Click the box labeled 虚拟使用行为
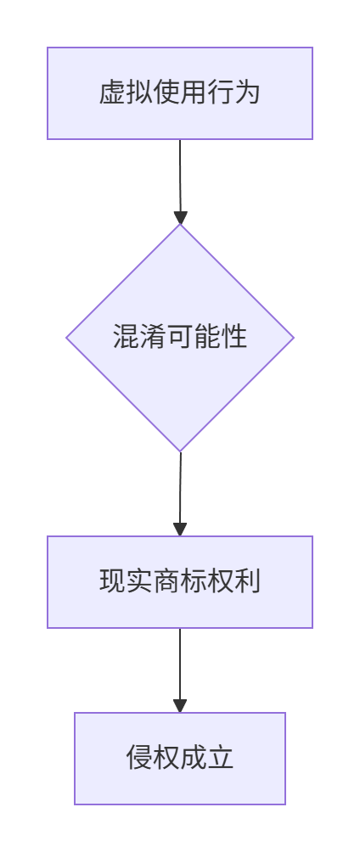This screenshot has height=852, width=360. (180, 92)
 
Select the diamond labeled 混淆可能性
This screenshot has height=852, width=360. (180, 338)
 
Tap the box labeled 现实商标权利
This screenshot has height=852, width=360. (180, 582)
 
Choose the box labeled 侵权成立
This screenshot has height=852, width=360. (180, 759)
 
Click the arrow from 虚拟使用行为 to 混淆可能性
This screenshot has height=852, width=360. (180, 182)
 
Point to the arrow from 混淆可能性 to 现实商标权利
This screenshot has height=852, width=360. (180, 494)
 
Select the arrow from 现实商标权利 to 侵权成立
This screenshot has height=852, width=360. (180, 670)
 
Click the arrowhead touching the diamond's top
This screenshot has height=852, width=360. (181, 217)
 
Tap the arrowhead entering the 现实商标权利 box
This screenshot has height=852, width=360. (180, 530)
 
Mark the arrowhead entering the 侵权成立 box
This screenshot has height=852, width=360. (180, 706)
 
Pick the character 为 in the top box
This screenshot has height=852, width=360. (247, 92)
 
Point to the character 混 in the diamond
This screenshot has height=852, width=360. (127, 338)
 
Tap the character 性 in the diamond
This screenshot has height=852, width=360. (233, 338)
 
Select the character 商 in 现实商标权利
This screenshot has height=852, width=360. (166, 582)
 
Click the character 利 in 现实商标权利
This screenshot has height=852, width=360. (247, 582)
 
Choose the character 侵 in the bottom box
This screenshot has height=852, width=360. (140, 759)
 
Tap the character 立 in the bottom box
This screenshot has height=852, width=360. (220, 759)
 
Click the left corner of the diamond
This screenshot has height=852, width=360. (66, 338)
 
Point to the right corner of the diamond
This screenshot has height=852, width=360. (294, 338)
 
